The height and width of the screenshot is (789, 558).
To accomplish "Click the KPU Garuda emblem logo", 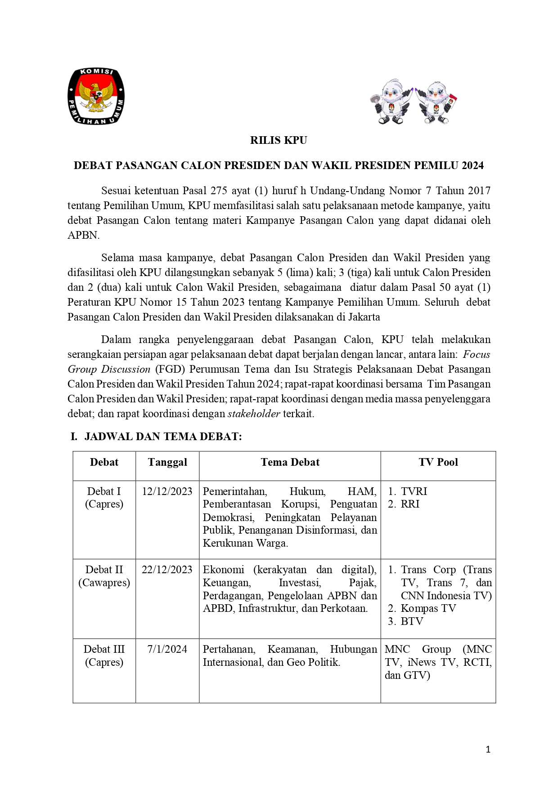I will coord(96,96).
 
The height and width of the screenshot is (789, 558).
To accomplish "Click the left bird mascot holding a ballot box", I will coord(391,103).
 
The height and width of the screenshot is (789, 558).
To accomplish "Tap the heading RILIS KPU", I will coord(279,140).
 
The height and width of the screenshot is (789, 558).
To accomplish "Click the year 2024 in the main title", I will coord(472,165).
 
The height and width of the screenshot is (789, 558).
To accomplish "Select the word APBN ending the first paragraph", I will coord(83,235).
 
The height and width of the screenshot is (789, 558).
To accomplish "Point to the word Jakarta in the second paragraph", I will coord(364,317).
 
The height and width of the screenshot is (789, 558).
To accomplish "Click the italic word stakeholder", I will coord(254,414).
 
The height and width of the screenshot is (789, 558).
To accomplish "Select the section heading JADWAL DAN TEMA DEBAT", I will coord(163,437).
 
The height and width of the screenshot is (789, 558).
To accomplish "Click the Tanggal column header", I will coord(167,462).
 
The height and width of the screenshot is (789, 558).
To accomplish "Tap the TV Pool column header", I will coord(438,462).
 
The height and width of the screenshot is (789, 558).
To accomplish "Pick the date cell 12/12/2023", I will coord(167,491).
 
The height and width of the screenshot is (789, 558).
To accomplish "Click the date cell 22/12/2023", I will coord(167,570).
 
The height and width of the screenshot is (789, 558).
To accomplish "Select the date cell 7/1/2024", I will coord(167,649).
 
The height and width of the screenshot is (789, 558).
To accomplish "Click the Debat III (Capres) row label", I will coord(104,655).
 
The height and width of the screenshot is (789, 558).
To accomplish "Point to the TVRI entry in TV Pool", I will coord(414,491).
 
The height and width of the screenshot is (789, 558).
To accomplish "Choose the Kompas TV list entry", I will coord(428,608).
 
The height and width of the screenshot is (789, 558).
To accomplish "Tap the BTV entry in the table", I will coord(412,621).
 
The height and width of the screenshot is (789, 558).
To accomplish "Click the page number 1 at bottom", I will coord(488,749).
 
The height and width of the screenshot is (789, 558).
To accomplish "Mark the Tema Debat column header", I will coord(290,462).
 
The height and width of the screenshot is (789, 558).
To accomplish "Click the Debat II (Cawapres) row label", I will coord(104,576).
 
